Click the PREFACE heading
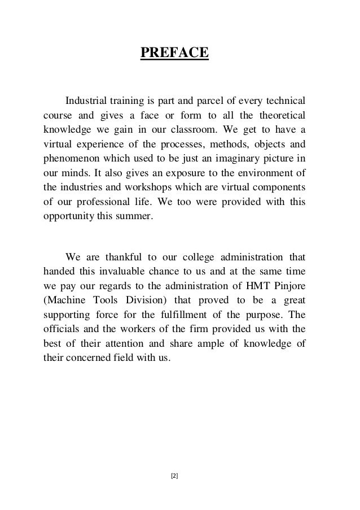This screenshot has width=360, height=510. [x=174, y=53]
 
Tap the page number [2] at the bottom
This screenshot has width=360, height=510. [x=174, y=476]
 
